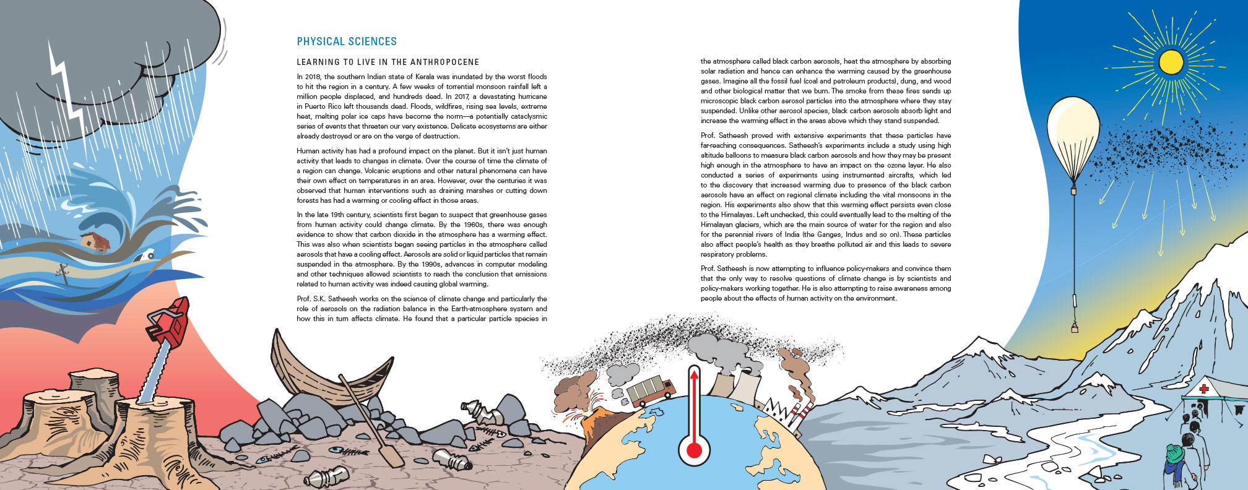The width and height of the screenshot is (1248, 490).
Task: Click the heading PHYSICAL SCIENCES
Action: pyautogui.click(x=347, y=41)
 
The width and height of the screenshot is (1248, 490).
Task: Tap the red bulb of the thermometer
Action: pyautogui.click(x=694, y=450)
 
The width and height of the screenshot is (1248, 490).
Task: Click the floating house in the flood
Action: pyautogui.click(x=95, y=241)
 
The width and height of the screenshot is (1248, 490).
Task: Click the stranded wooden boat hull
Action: pyautogui.click(x=328, y=371)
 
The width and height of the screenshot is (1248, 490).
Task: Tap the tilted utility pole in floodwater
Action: pyautogui.click(x=63, y=272)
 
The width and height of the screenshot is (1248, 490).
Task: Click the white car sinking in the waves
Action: pyautogui.click(x=147, y=254)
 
